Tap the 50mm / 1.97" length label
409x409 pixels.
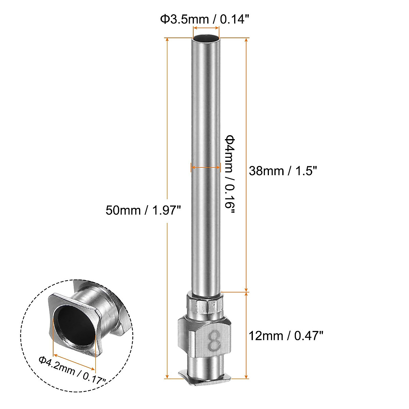(x=142, y=210)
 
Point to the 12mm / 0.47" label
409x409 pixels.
(x=286, y=336)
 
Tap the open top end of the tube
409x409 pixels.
(x=206, y=39)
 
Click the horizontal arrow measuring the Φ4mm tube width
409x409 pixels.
(x=206, y=167)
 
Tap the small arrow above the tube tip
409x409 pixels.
(x=206, y=29)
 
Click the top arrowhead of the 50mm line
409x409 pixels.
(x=167, y=40)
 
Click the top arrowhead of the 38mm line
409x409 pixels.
(x=246, y=40)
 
